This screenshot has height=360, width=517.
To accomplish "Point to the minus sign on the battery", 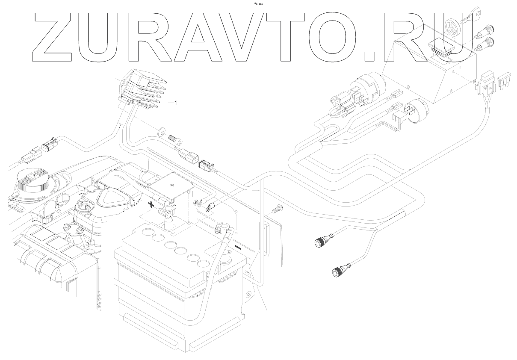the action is coord(238,247).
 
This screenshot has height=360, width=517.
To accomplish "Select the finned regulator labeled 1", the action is coord(139,90).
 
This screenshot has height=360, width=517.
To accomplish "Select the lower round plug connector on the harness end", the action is coord(341,270).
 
